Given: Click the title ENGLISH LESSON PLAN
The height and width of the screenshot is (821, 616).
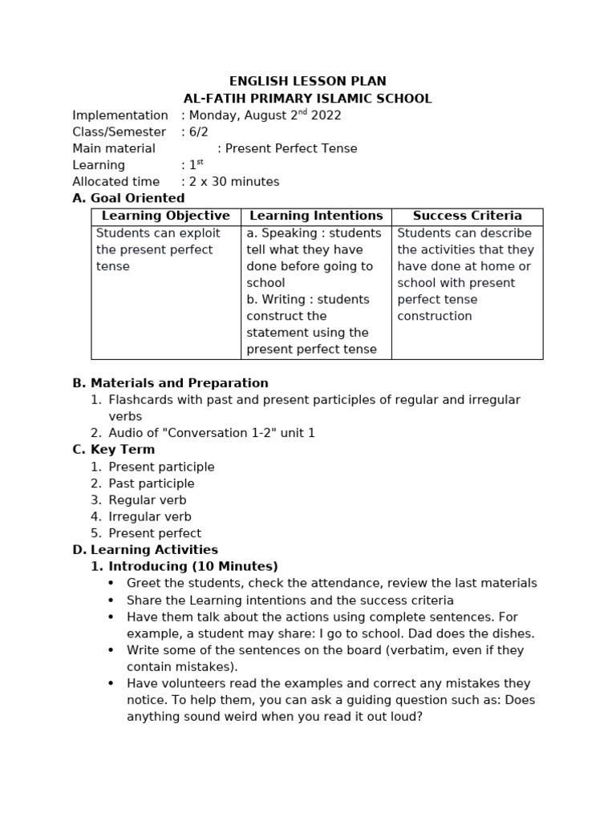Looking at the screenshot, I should coord(307,81).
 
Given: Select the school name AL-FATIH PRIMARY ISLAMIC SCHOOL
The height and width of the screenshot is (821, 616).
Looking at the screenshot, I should coord(307,99).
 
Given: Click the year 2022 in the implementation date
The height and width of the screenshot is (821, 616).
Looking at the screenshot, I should coord(325,115).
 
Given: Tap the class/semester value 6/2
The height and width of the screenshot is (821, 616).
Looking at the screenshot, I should coord(197,131).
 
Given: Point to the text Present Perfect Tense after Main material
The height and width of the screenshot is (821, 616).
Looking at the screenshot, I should coord(291,148).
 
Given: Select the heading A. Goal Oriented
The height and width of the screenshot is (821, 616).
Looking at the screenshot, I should coord(128,198).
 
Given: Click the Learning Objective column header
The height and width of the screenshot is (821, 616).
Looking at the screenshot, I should coord(166,216).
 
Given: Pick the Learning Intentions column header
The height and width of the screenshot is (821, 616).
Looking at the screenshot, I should coord(316,216).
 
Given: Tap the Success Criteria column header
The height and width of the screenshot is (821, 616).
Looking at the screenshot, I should coord(467,216).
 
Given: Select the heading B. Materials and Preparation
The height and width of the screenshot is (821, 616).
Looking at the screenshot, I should coord(170,383).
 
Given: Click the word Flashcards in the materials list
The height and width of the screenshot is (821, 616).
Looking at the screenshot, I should coord(141,399).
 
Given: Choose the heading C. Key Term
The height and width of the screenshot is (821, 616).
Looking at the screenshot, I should coord(113,450).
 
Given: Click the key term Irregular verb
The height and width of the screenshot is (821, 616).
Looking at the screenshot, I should coord(150,517).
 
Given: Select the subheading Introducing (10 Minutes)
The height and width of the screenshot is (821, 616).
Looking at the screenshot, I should coord(193,567).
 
